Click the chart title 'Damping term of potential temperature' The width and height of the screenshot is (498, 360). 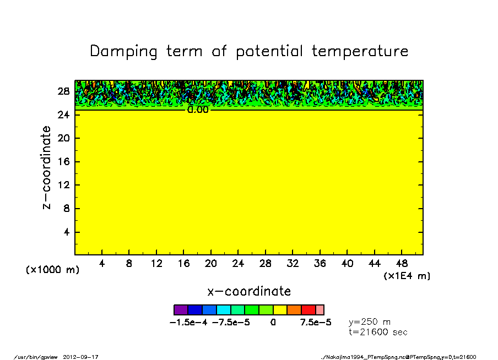pyautogui.click(x=249, y=51)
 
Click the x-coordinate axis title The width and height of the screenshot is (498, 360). pyautogui.click(x=249, y=291)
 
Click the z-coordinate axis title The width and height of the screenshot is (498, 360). pyautogui.click(x=47, y=167)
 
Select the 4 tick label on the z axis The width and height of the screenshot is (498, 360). pyautogui.click(x=66, y=232)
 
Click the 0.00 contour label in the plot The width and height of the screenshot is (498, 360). pyautogui.click(x=198, y=110)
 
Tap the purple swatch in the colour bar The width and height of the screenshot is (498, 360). pyautogui.click(x=181, y=310)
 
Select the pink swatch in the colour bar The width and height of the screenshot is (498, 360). pyautogui.click(x=320, y=310)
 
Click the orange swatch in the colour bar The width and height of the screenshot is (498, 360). pyautogui.click(x=294, y=310)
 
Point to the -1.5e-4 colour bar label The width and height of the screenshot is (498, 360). pyautogui.click(x=189, y=322)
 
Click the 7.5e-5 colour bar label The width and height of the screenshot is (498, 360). pyautogui.click(x=316, y=322)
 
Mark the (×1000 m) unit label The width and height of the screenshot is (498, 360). pyautogui.click(x=52, y=270)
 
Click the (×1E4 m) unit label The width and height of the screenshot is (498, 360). pyautogui.click(x=407, y=276)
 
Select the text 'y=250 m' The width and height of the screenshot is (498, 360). pyautogui.click(x=370, y=322)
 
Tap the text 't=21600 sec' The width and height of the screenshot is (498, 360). pyautogui.click(x=378, y=332)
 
